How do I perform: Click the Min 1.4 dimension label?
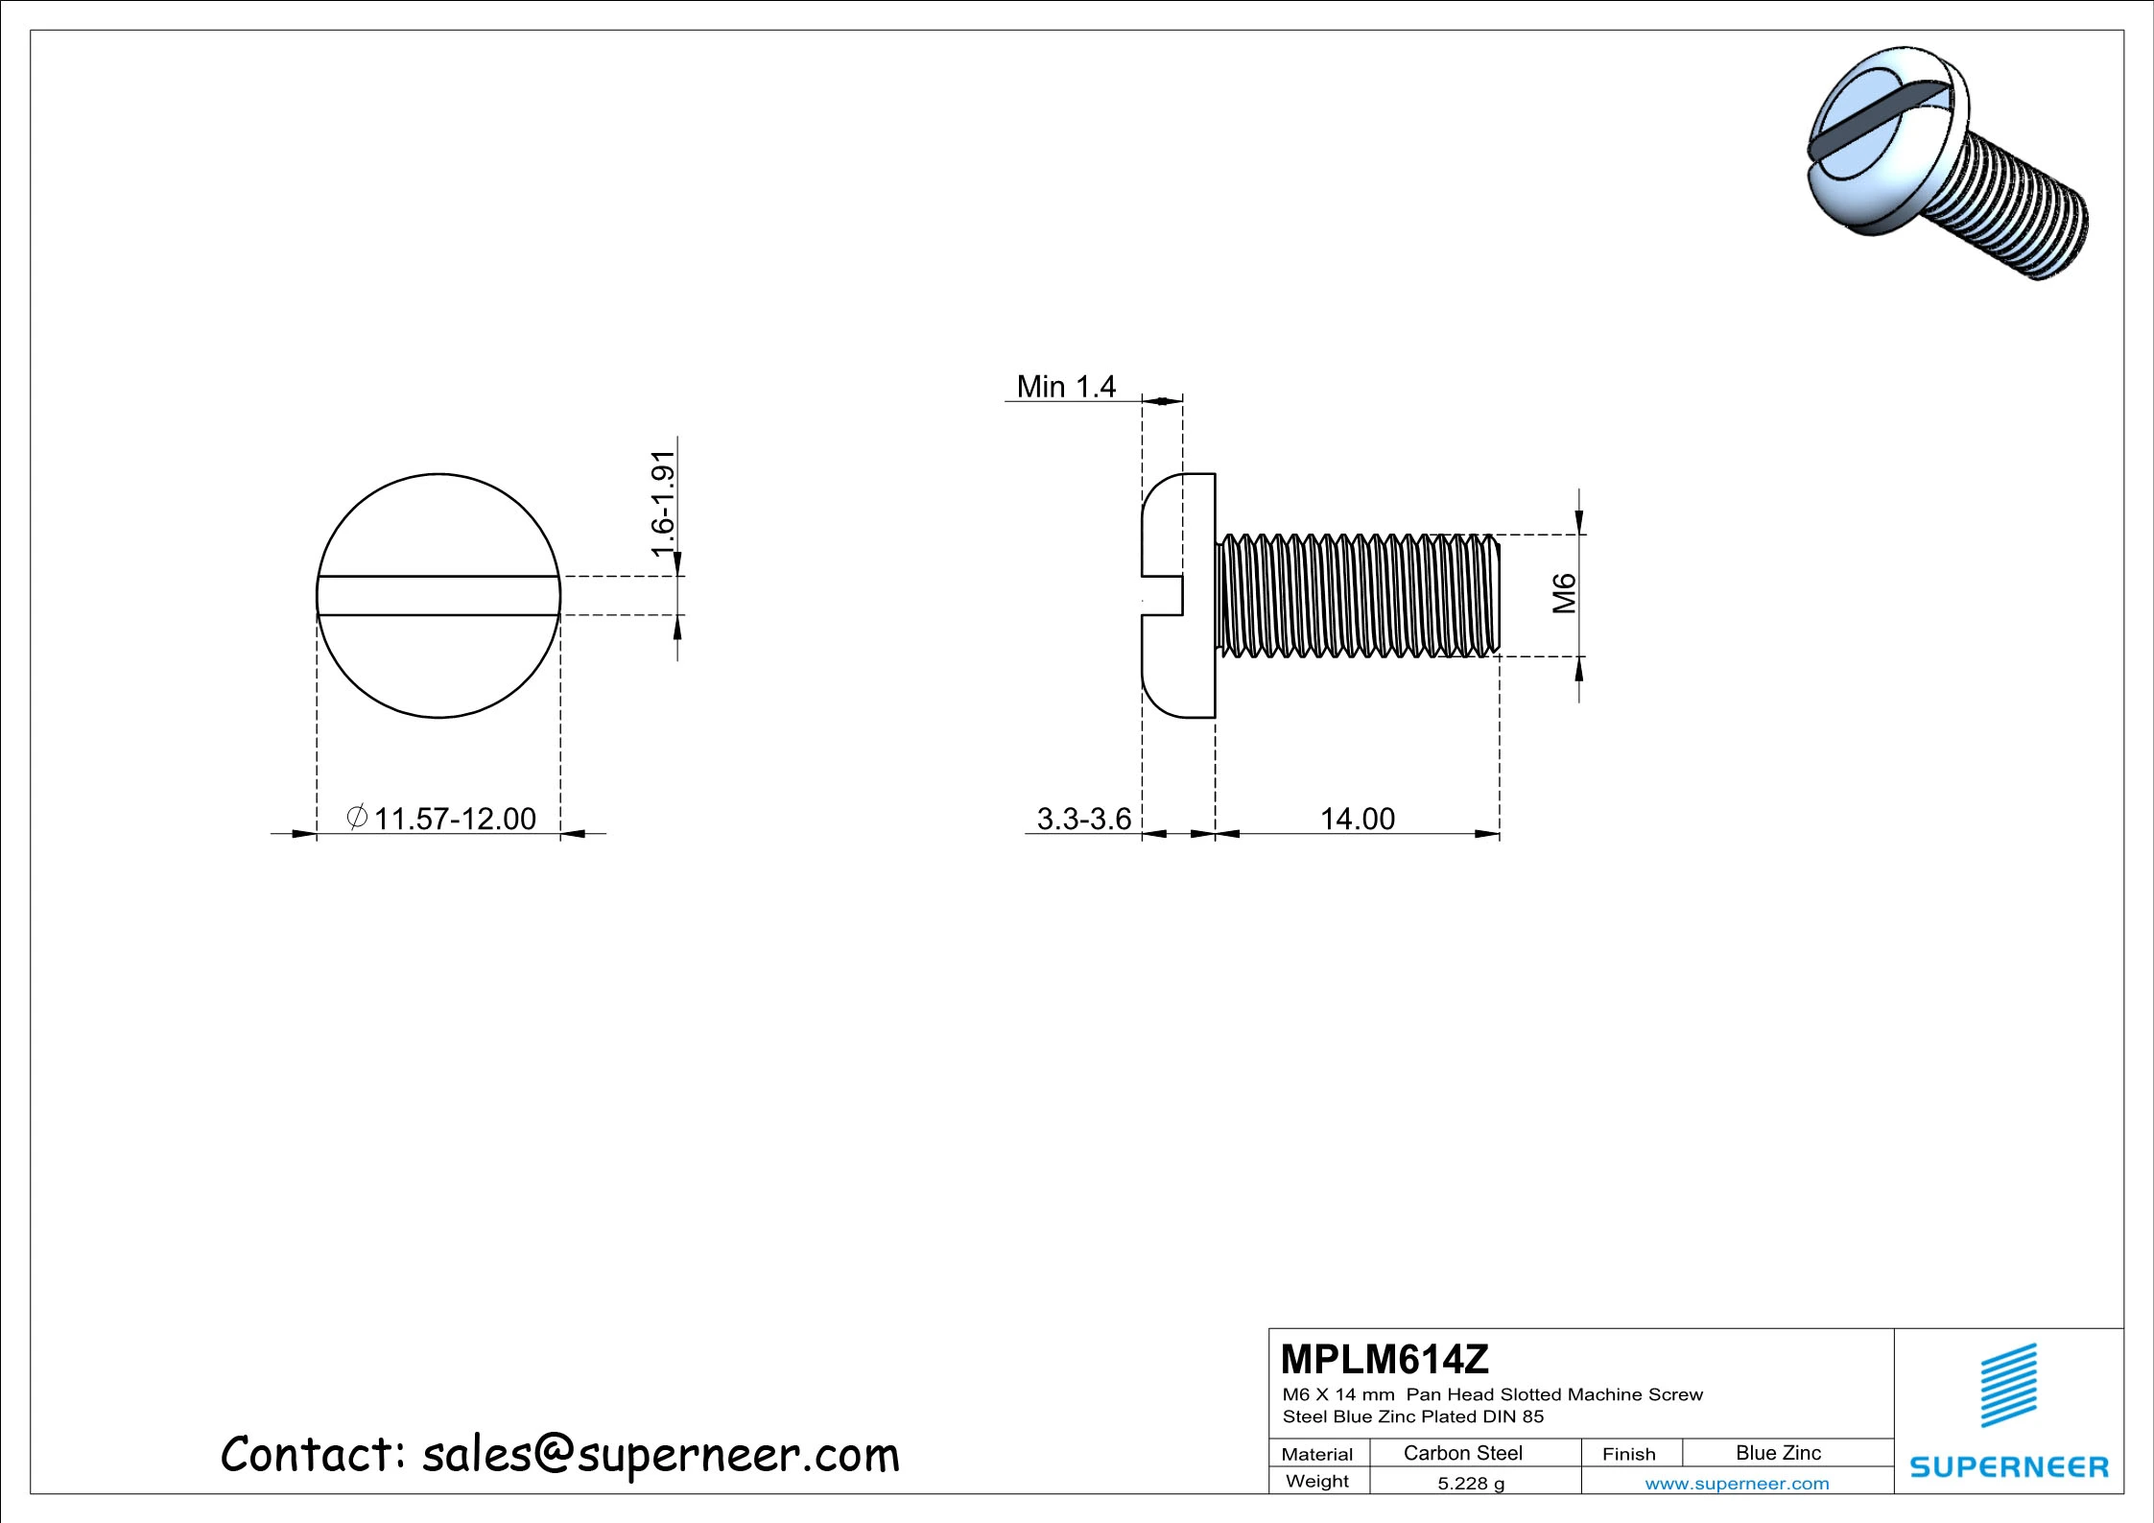pyautogui.click(x=1065, y=387)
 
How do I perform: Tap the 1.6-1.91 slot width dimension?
pyautogui.click(x=663, y=503)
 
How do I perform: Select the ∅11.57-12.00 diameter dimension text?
pyautogui.click(x=441, y=819)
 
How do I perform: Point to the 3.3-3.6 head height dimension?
pyautogui.click(x=1084, y=819)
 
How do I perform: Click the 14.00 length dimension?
pyautogui.click(x=1357, y=819)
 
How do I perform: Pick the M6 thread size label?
pyautogui.click(x=1565, y=593)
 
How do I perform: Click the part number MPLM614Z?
pyautogui.click(x=1384, y=1359)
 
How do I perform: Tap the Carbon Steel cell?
pyautogui.click(x=1462, y=1453)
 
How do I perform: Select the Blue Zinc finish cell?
pyautogui.click(x=1778, y=1453)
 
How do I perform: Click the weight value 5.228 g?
pyautogui.click(x=1470, y=1484)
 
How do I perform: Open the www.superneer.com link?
pyautogui.click(x=1737, y=1484)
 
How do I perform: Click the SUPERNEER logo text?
pyautogui.click(x=2009, y=1467)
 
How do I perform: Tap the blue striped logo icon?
pyautogui.click(x=2009, y=1386)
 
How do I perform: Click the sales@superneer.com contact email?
pyautogui.click(x=660, y=1455)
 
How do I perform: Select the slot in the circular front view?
pyautogui.click(x=438, y=595)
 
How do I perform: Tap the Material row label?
pyautogui.click(x=1316, y=1454)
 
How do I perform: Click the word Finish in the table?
pyautogui.click(x=1628, y=1454)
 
